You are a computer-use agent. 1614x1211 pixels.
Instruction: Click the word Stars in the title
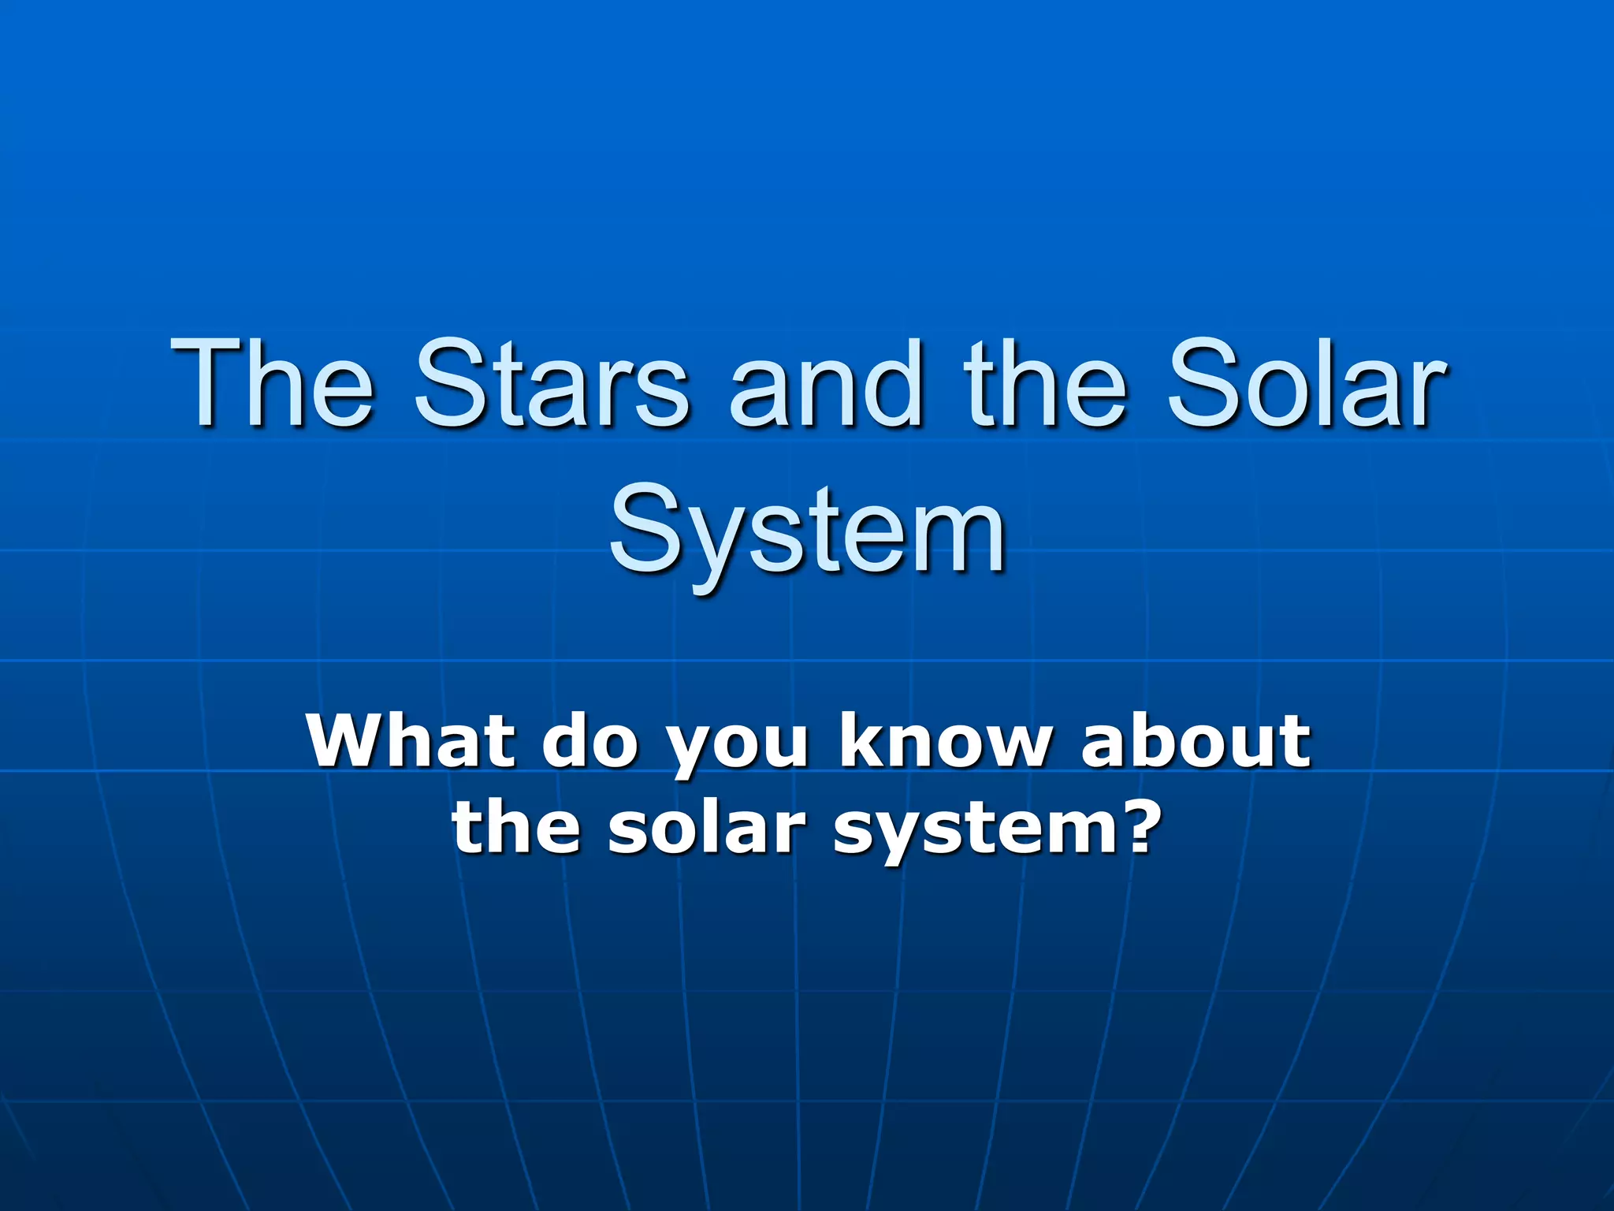pyautogui.click(x=552, y=384)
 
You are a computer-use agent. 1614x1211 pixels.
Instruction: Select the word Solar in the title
pyautogui.click(x=1307, y=384)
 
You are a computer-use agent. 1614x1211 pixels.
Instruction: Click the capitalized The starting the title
pyautogui.click(x=272, y=384)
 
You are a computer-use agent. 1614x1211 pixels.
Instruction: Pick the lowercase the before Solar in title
pyautogui.click(x=1044, y=384)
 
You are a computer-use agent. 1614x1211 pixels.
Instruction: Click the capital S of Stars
pyautogui.click(x=447, y=384)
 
